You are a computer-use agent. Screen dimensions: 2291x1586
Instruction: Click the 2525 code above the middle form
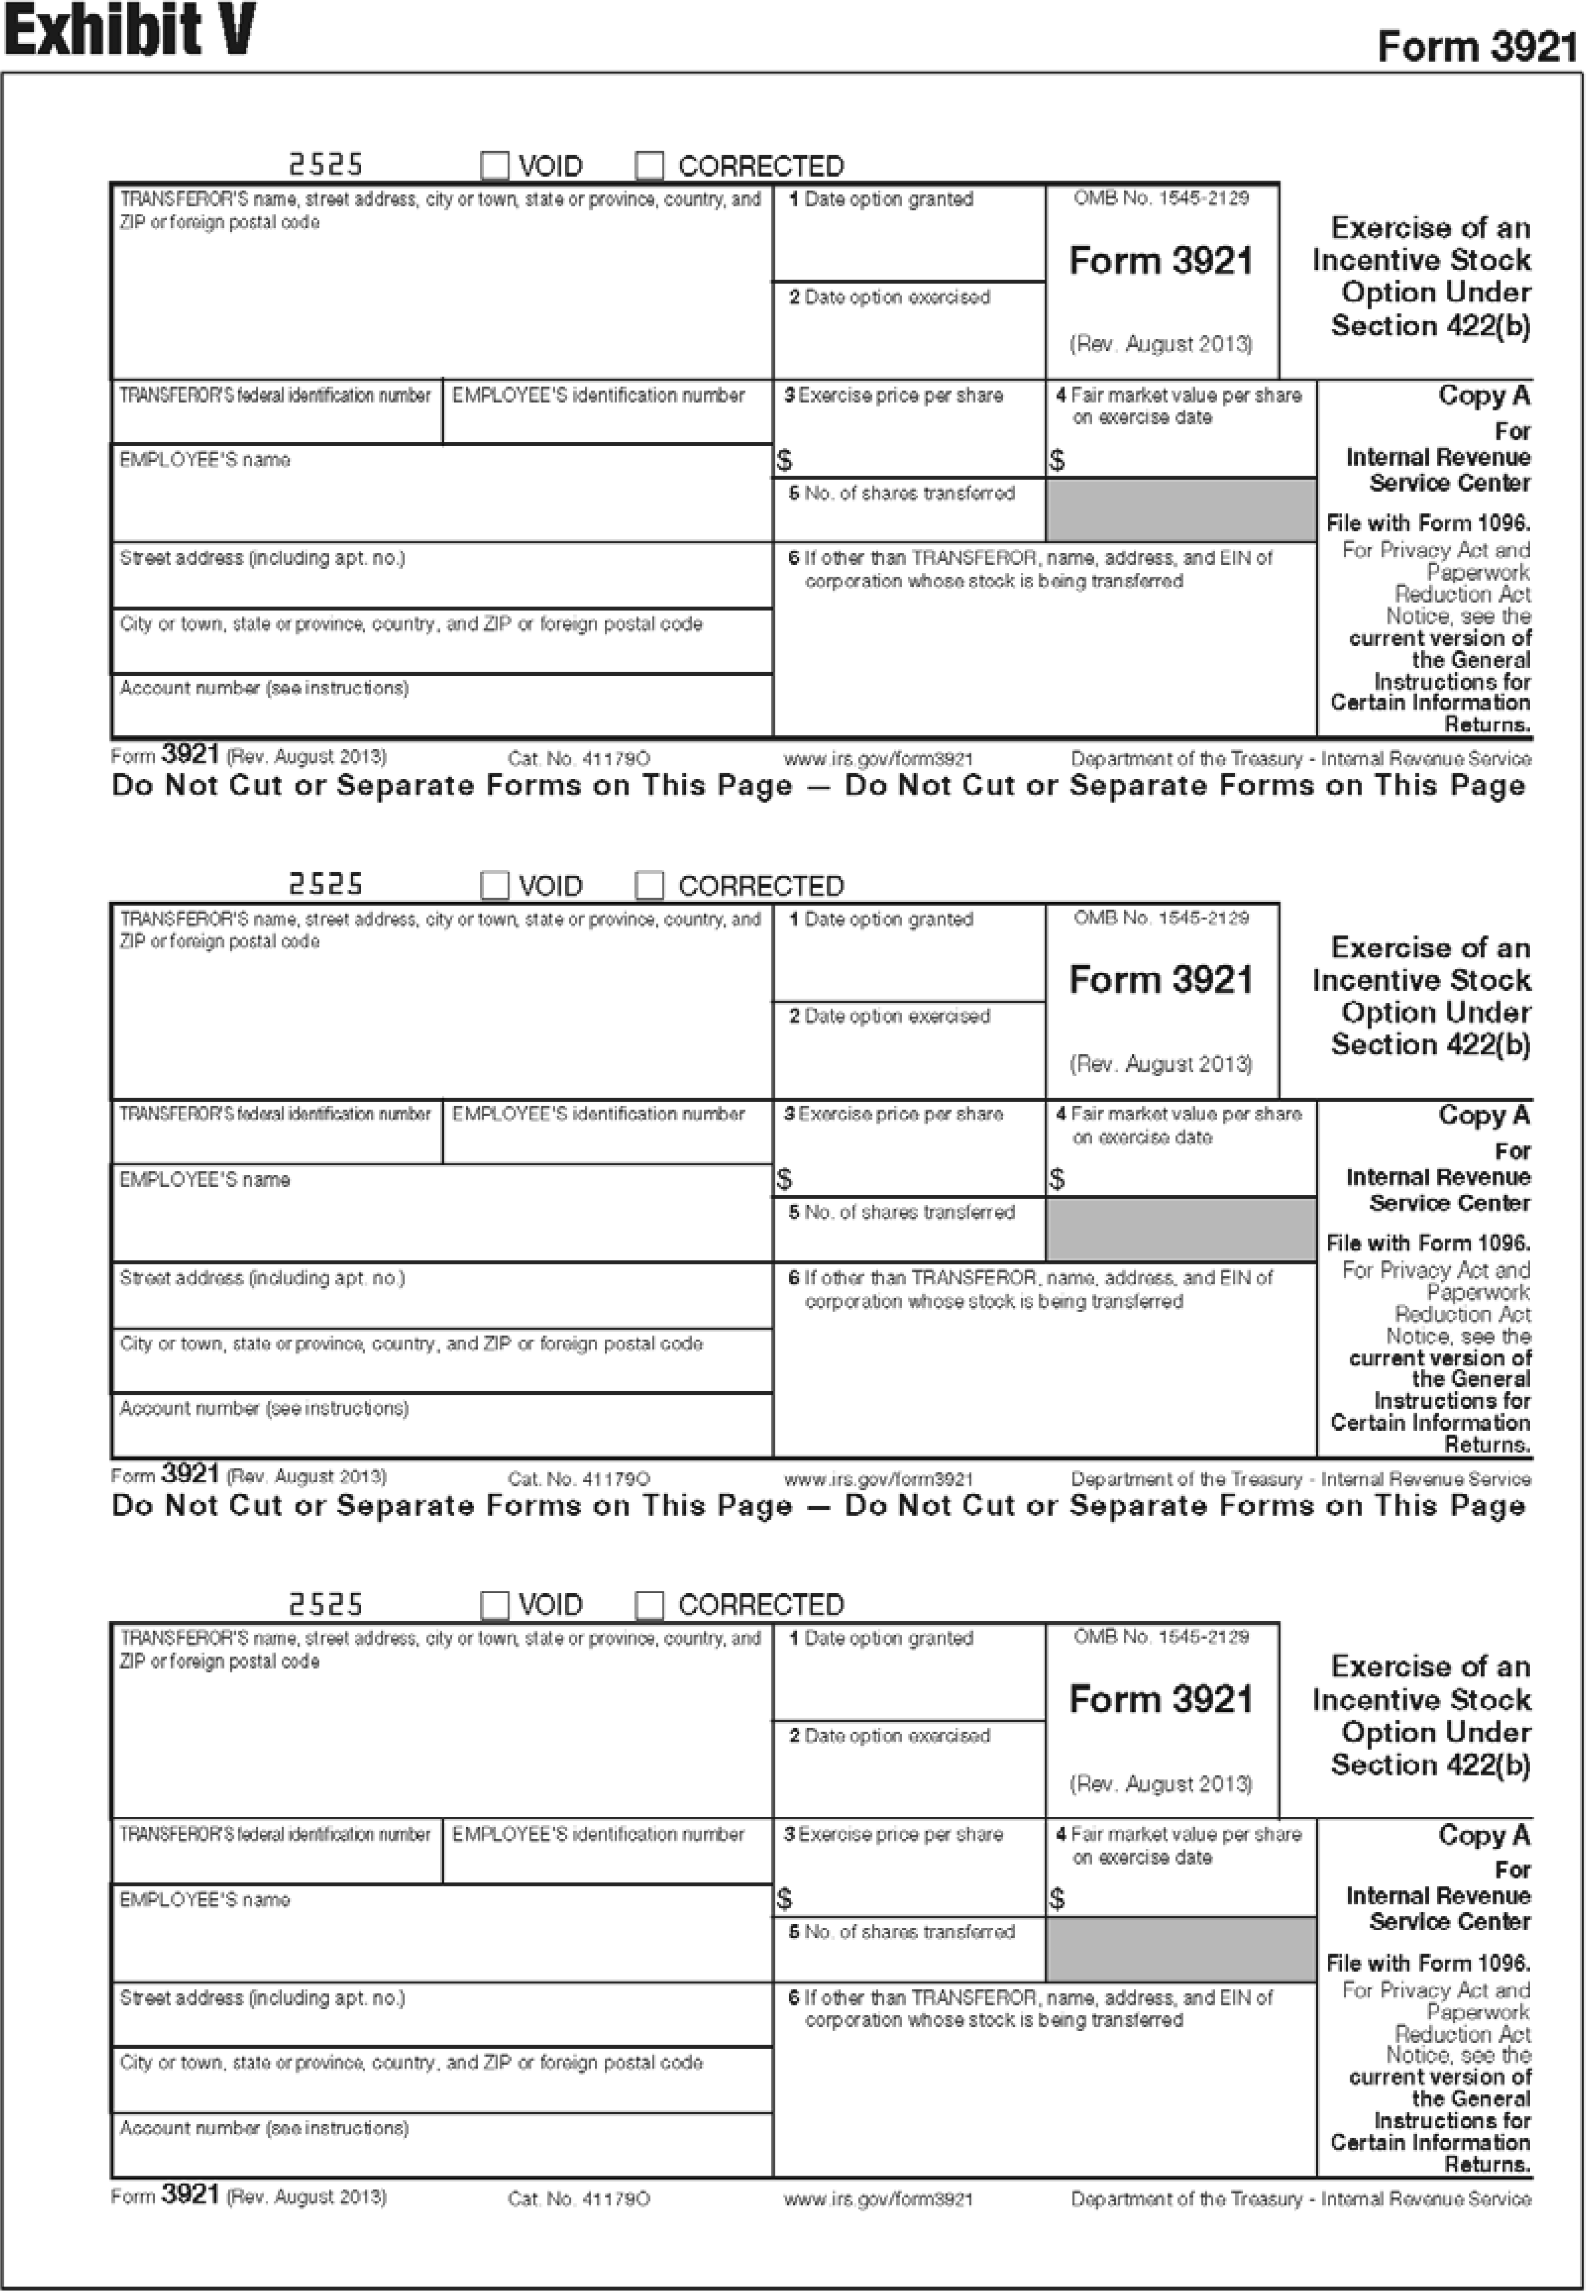[325, 883]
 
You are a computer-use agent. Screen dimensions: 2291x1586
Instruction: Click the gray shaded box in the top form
[1180, 509]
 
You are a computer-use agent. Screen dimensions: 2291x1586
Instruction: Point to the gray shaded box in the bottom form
[1180, 1948]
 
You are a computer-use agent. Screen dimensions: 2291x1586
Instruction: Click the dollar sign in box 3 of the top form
[784, 460]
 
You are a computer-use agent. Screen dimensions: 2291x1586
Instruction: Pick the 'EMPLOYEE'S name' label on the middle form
[205, 1179]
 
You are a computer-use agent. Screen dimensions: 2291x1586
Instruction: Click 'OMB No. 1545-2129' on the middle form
[1161, 917]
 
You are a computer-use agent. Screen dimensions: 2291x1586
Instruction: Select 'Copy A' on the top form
[1484, 396]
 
